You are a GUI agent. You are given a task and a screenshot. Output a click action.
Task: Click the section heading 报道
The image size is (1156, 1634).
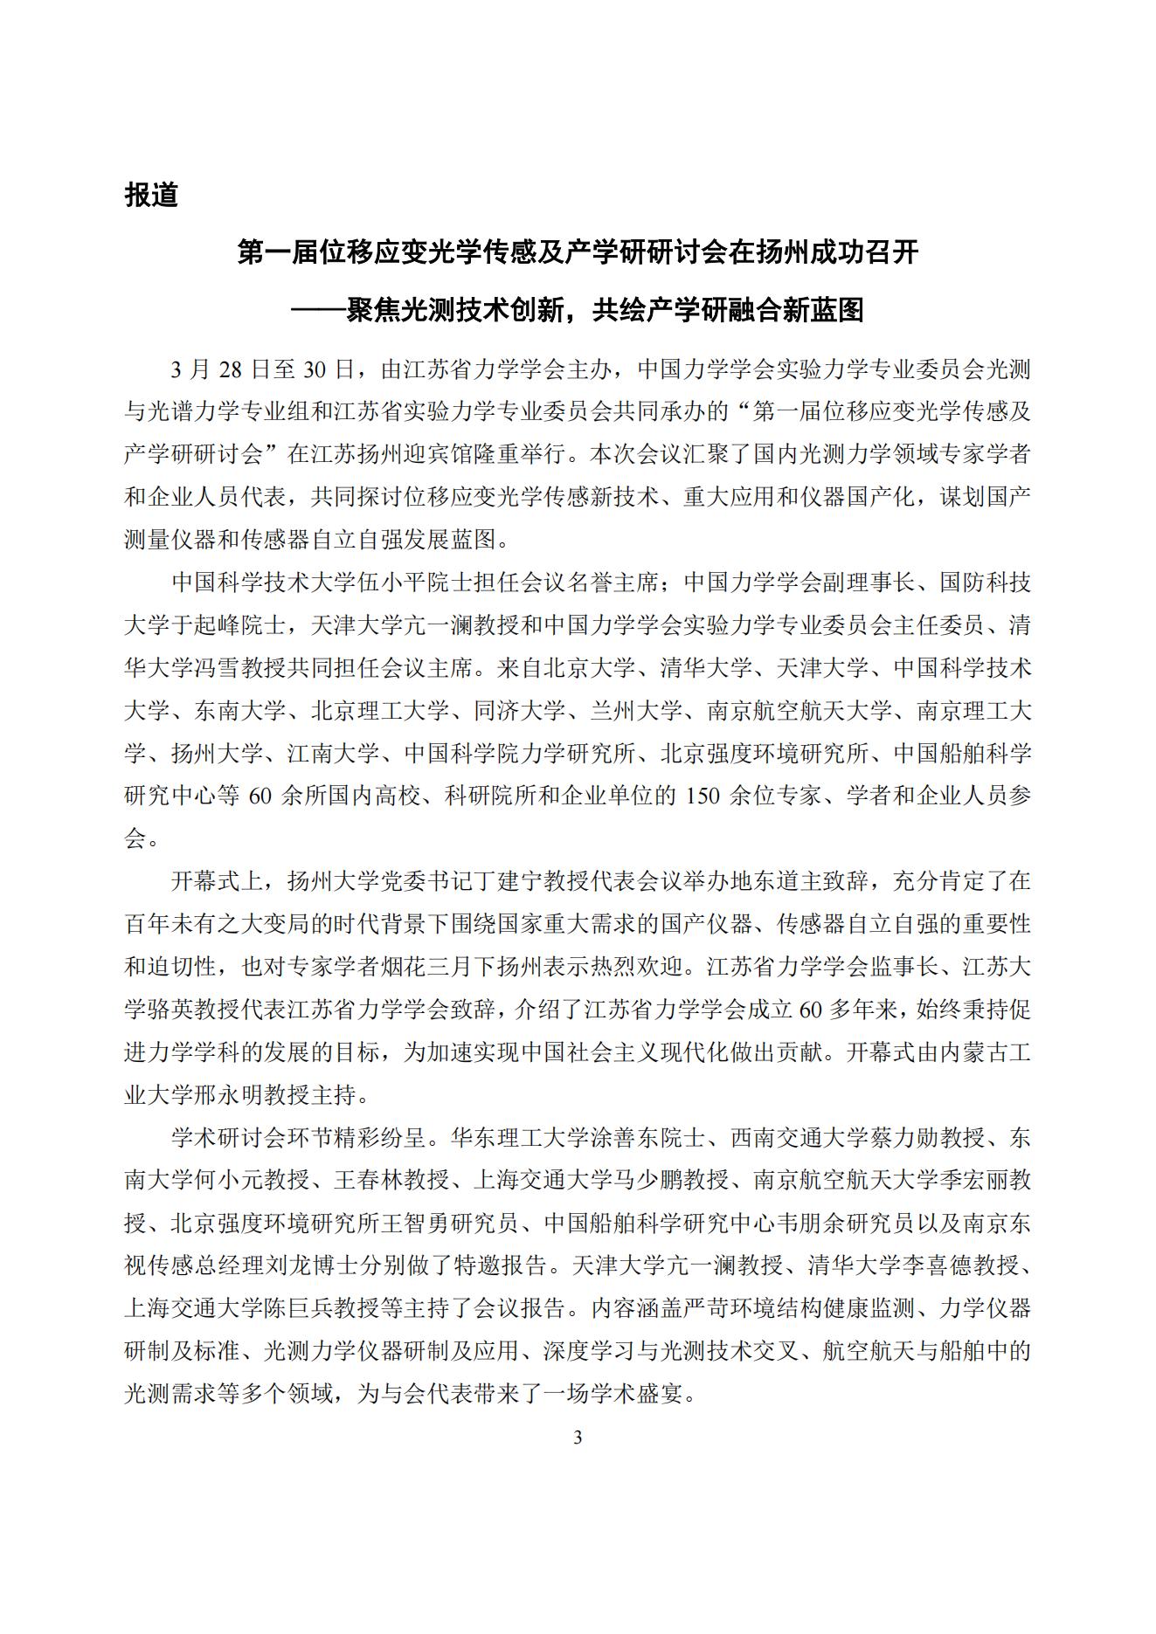click(x=151, y=195)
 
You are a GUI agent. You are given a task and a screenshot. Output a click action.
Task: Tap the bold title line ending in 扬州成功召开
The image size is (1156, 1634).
click(x=578, y=253)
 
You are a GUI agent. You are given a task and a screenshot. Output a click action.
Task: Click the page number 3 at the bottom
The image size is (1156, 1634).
click(x=578, y=1438)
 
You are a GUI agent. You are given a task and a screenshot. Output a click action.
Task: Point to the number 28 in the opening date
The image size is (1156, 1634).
click(x=230, y=369)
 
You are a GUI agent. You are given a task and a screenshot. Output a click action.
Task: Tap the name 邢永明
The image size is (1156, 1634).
click(x=205, y=1095)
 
